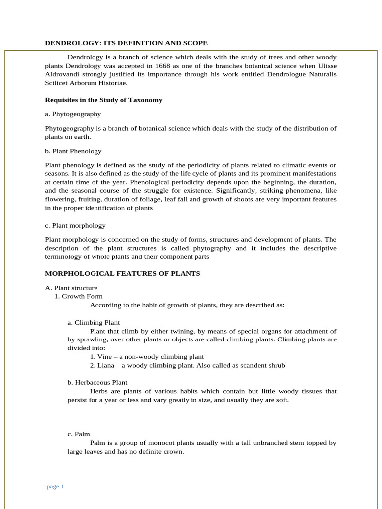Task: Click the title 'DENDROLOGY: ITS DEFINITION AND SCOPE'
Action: (126, 43)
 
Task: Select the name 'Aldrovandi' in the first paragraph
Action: (62, 74)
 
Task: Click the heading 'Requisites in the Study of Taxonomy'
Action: (103, 100)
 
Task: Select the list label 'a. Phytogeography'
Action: (73, 114)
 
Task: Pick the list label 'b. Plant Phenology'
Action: (73, 151)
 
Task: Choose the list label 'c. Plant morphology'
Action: (75, 225)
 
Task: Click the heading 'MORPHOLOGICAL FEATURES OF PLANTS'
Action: (122, 273)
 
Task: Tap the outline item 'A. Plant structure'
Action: (71, 288)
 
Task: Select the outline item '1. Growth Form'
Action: (78, 296)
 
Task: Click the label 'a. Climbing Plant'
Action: (94, 322)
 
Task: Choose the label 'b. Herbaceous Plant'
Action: (97, 382)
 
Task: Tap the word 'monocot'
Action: (159, 443)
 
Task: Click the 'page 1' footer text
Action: (55, 486)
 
